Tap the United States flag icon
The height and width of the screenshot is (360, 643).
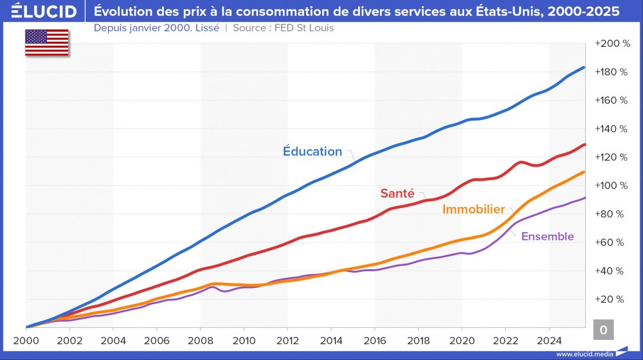(46, 42)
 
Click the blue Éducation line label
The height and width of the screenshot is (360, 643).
(312, 152)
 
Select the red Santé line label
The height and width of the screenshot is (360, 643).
(397, 193)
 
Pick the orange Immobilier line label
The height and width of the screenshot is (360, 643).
(473, 210)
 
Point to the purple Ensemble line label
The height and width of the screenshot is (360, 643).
(547, 237)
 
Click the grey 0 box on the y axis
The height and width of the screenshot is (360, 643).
(603, 330)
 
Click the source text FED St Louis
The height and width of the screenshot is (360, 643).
(299, 28)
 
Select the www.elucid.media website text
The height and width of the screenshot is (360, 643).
(584, 354)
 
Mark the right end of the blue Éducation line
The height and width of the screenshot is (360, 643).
(584, 67)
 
